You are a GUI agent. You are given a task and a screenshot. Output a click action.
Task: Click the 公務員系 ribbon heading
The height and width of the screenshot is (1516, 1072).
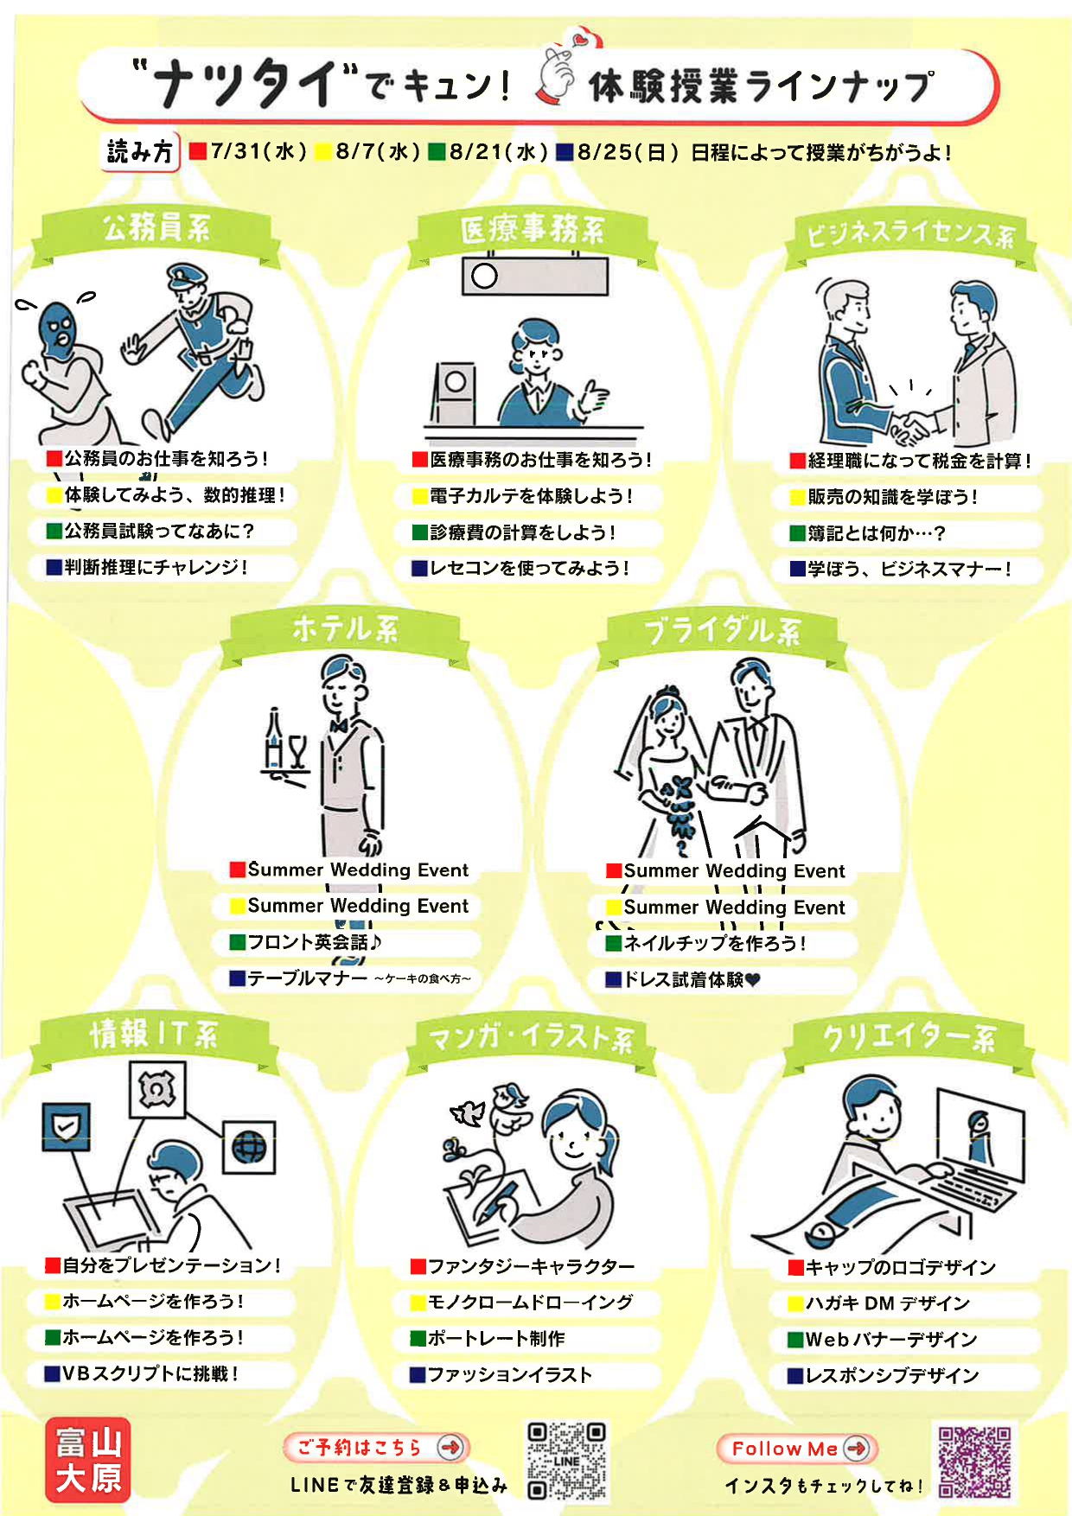click(x=156, y=229)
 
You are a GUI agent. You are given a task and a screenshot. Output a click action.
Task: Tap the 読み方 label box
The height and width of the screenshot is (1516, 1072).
click(x=140, y=152)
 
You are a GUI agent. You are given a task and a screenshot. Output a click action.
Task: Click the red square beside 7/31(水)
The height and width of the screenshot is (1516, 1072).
click(x=198, y=152)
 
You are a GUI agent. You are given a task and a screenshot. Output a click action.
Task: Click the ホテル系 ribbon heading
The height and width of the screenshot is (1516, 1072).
click(x=345, y=629)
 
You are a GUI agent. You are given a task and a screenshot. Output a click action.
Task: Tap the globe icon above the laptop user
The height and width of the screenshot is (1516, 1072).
click(x=249, y=1148)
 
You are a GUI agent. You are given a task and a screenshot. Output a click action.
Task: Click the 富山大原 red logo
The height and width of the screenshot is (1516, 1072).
click(x=88, y=1460)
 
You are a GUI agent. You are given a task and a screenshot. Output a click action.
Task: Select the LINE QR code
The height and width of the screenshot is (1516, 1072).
click(x=567, y=1461)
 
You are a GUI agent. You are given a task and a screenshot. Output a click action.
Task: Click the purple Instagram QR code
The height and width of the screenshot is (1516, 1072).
click(x=975, y=1462)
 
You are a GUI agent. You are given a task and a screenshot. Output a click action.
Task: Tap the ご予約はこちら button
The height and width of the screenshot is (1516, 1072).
click(x=376, y=1447)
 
